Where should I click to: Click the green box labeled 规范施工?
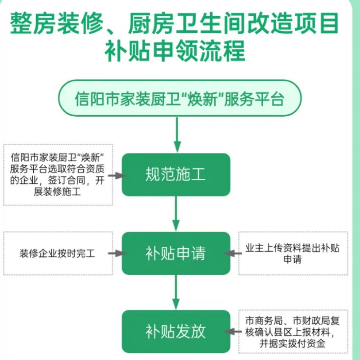pos(175,174)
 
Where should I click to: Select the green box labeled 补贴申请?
pos(175,253)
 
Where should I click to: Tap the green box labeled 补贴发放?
pos(175,332)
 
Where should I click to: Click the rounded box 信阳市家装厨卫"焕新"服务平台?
pos(179,99)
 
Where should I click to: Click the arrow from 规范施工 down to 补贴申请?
pos(176,214)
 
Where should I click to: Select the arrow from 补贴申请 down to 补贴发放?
pos(176,292)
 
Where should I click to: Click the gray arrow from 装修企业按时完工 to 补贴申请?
pos(118,254)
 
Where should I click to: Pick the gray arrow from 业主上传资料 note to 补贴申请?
pos(233,254)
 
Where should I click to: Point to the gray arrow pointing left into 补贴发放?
pos(233,332)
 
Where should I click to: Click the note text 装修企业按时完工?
pos(57,253)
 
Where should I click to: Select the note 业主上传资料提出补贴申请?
pos(292,254)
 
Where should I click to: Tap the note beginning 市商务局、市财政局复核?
pos(292,332)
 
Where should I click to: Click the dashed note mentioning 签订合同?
pos(57,175)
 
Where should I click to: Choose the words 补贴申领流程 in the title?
pos(175,51)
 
